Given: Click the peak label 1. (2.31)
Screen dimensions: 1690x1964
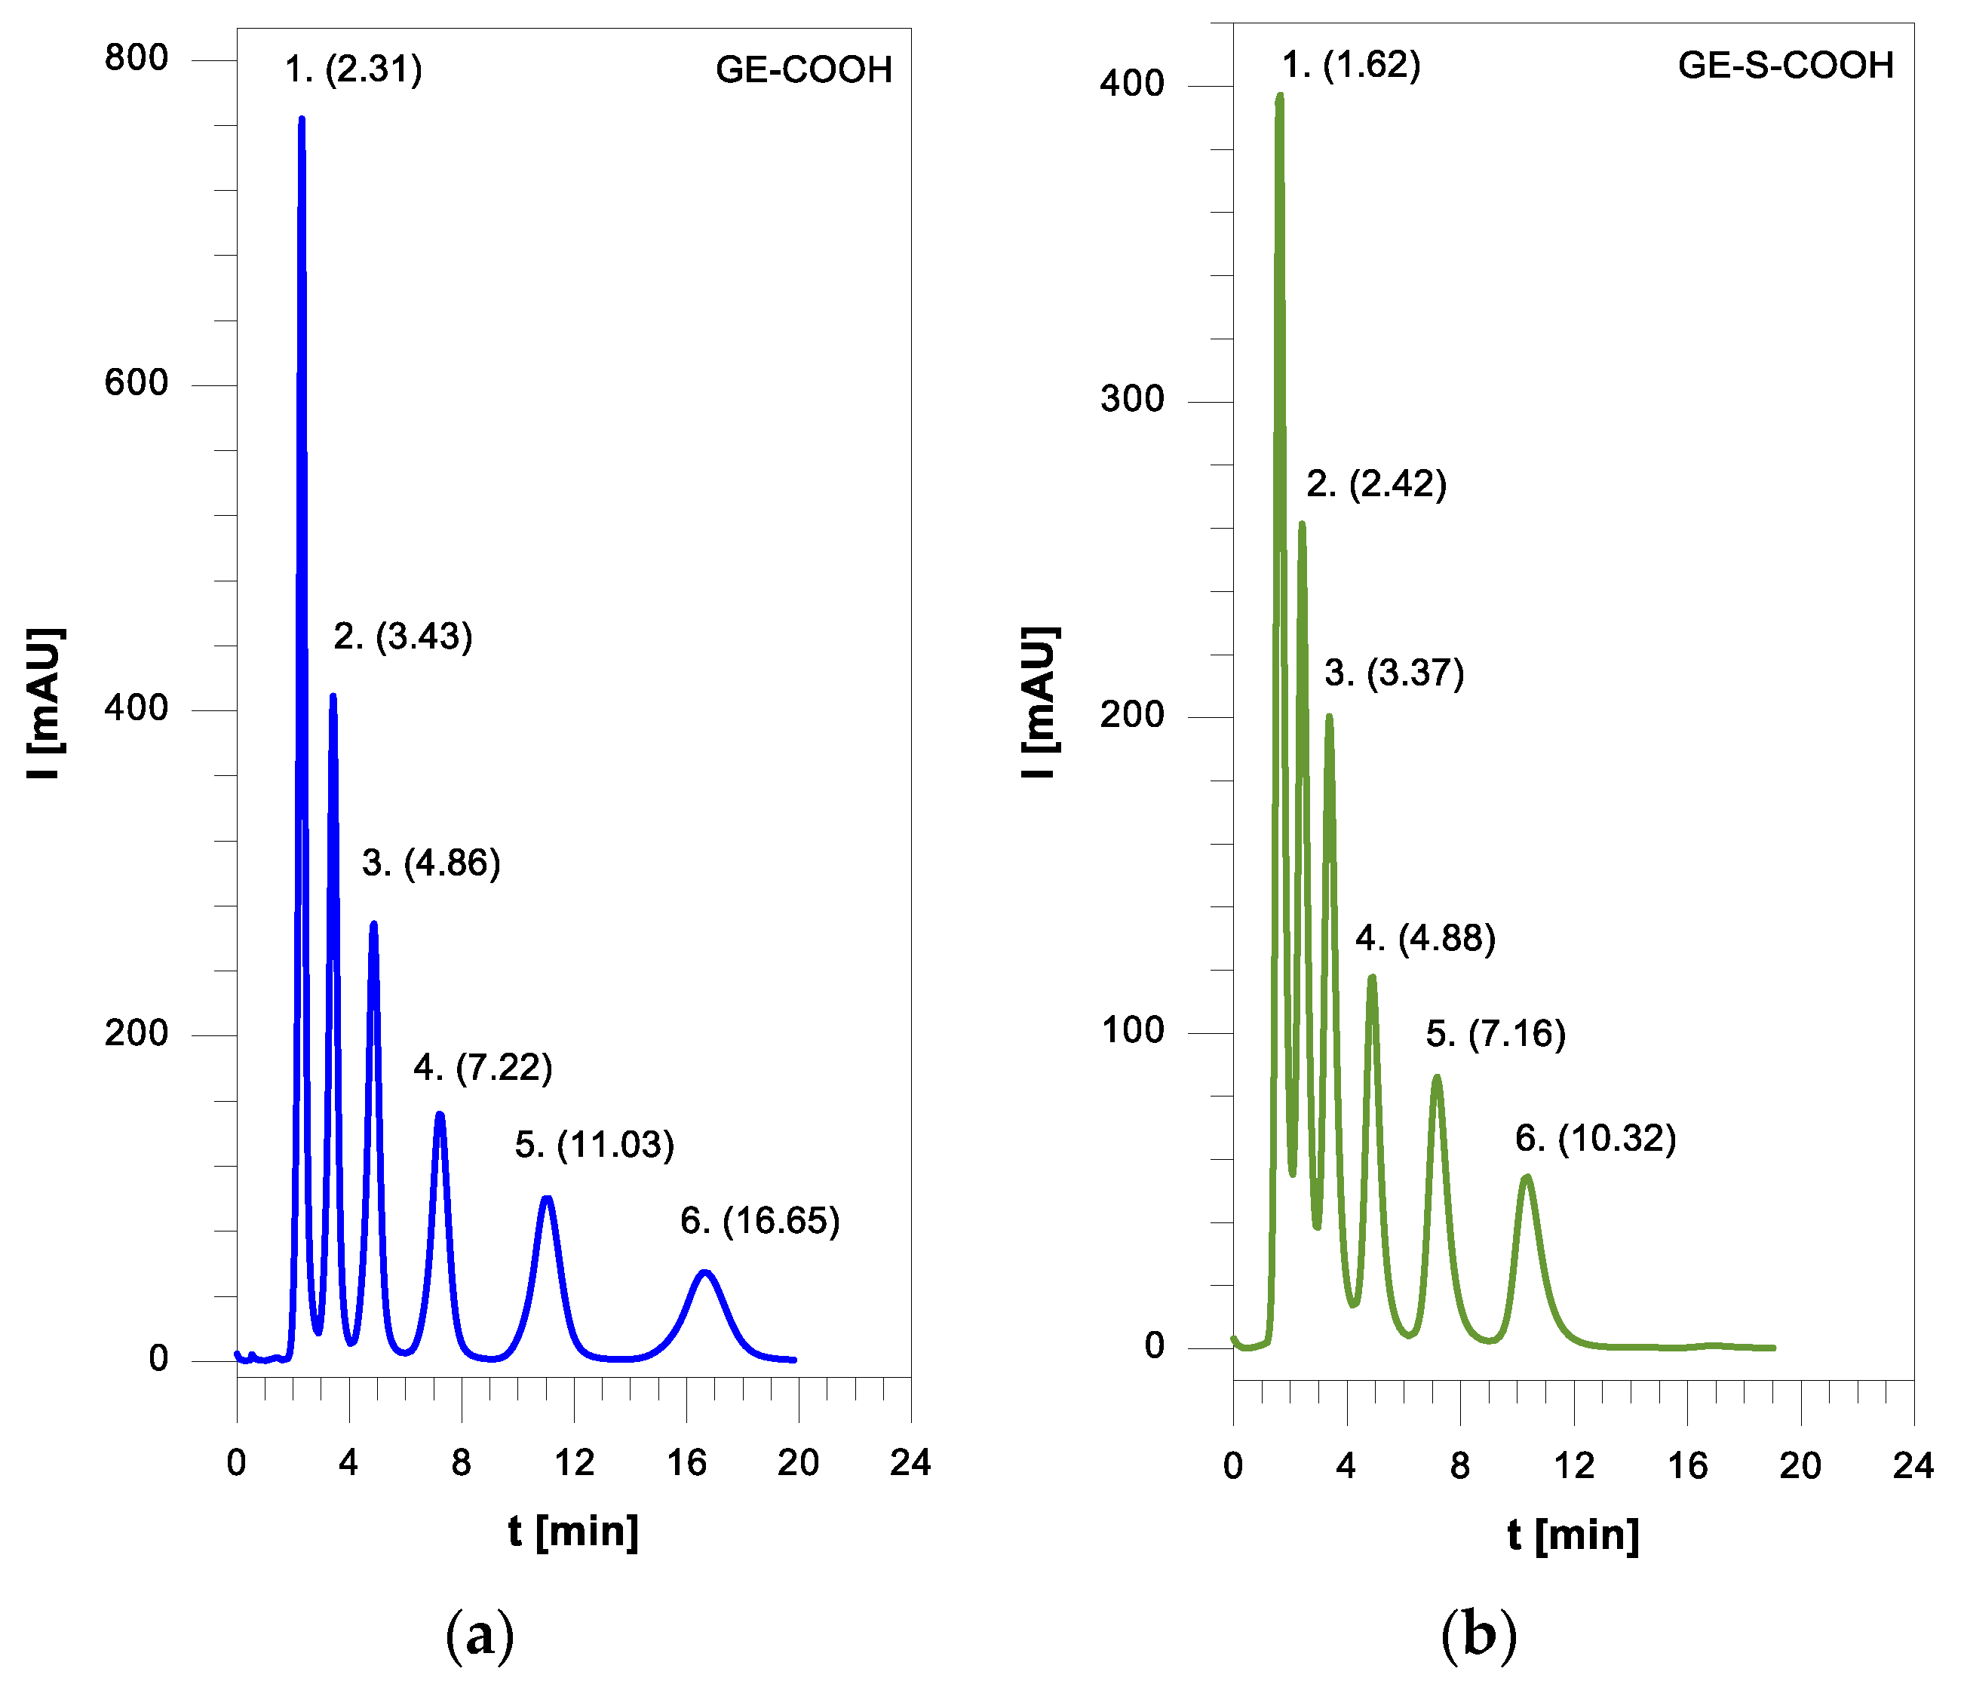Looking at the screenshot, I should tap(354, 69).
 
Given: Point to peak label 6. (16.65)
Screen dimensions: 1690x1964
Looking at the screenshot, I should tap(760, 1221).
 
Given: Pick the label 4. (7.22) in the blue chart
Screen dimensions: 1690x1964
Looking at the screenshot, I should tap(483, 1068).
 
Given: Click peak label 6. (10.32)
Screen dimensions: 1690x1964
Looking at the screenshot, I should tap(1595, 1139).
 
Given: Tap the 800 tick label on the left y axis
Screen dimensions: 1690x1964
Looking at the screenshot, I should tap(137, 58).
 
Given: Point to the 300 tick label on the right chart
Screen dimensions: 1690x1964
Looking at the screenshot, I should tap(1132, 399).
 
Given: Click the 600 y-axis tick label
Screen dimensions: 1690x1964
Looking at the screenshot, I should tap(137, 383).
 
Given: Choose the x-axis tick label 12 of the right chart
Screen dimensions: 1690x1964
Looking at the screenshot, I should tap(1573, 1466).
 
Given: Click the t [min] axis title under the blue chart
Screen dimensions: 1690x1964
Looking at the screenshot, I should tap(573, 1531).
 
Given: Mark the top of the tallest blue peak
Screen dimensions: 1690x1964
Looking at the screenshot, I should tap(302, 119).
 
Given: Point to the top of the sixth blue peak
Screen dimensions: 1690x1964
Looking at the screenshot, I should tap(705, 1272).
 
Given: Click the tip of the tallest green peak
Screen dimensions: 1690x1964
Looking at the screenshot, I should tap(1280, 96).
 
